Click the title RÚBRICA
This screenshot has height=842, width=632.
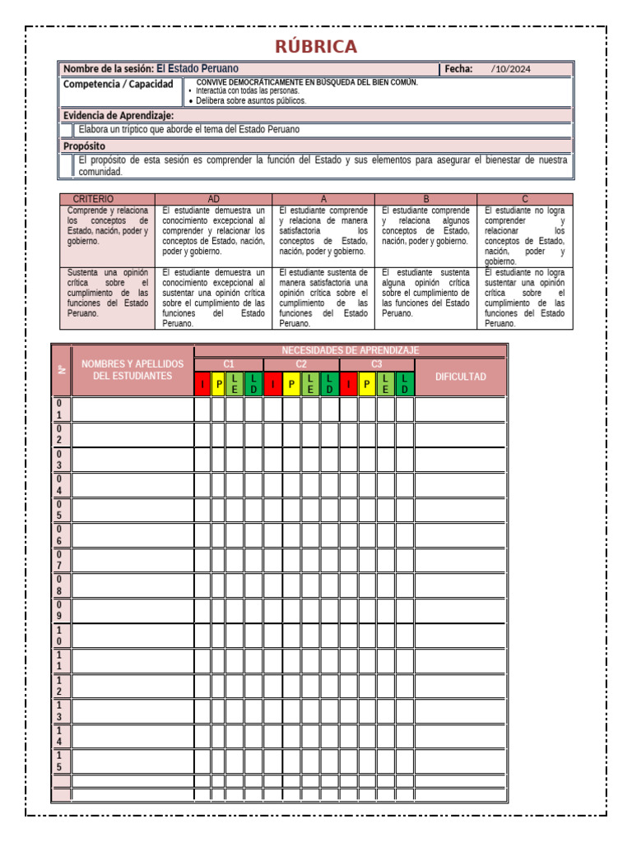click(316, 46)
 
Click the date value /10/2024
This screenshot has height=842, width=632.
click(510, 69)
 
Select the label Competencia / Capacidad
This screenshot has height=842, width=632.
click(118, 85)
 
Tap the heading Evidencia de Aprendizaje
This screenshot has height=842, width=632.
click(118, 116)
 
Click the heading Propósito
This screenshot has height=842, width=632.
click(85, 146)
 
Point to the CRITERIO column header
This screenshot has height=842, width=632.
click(94, 199)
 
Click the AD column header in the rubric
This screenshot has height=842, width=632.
click(214, 199)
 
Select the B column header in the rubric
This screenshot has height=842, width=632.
click(426, 199)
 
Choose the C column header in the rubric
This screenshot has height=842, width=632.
click(525, 199)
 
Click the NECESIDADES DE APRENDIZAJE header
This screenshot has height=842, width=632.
click(350, 350)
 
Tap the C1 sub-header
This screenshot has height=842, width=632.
click(229, 363)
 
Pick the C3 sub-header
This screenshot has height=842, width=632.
click(377, 363)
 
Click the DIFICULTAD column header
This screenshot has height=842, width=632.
click(460, 377)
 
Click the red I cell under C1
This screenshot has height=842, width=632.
click(202, 384)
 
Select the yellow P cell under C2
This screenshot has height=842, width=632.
click(292, 384)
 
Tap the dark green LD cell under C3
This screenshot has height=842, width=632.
click(405, 384)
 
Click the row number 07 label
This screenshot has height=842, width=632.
click(59, 561)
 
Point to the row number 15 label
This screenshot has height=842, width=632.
click(59, 761)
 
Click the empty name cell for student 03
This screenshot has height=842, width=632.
click(132, 460)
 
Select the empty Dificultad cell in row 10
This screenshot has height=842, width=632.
click(460, 636)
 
